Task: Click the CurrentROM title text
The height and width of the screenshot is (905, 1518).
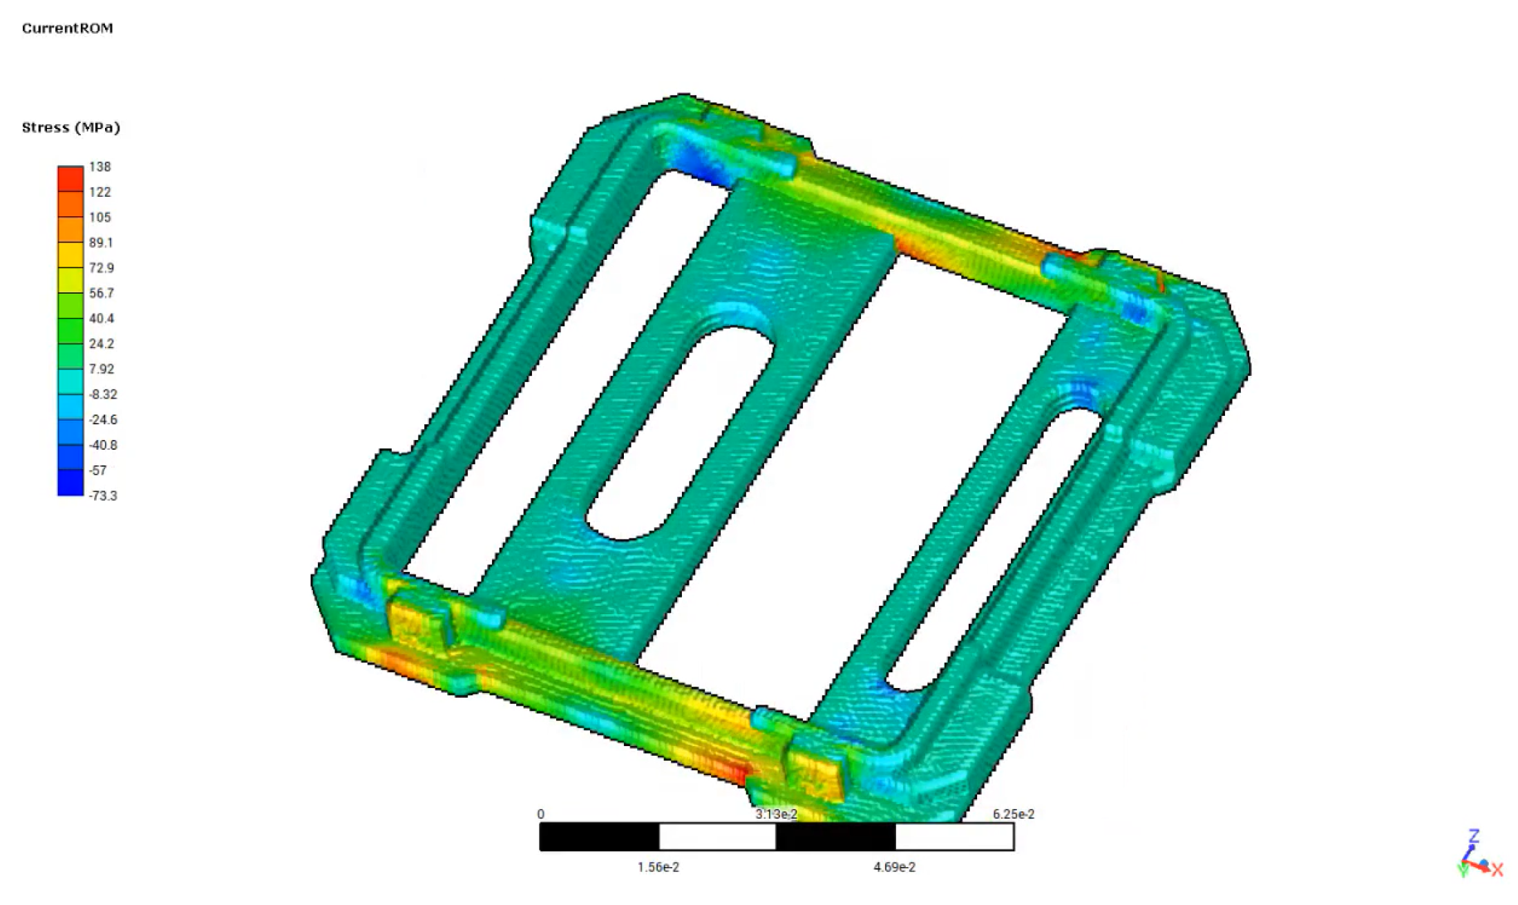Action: (67, 28)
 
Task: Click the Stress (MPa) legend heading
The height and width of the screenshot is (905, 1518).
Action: (70, 128)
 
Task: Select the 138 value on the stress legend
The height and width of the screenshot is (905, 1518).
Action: (99, 166)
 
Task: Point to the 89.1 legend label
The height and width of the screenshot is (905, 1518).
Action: (101, 242)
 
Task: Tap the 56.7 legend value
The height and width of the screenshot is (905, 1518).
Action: (101, 293)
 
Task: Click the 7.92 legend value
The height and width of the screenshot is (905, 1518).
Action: (101, 369)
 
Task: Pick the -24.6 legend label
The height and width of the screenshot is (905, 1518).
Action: (103, 419)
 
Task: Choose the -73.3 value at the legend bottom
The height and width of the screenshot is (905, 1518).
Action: (103, 495)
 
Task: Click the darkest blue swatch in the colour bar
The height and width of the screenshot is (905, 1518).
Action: (70, 483)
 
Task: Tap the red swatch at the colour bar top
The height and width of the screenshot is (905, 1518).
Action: (70, 179)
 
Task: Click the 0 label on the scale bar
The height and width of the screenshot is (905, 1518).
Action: (540, 814)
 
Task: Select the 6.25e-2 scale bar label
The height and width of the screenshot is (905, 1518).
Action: (1013, 814)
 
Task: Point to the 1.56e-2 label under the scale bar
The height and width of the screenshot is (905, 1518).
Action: (658, 867)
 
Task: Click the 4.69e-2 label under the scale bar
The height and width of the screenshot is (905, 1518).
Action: (894, 867)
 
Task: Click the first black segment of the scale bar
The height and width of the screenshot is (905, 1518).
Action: (599, 837)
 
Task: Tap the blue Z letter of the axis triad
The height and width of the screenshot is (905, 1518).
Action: (1473, 837)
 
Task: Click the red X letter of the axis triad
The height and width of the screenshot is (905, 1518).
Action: (1497, 870)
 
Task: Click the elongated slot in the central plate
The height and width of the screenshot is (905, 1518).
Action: (679, 434)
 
